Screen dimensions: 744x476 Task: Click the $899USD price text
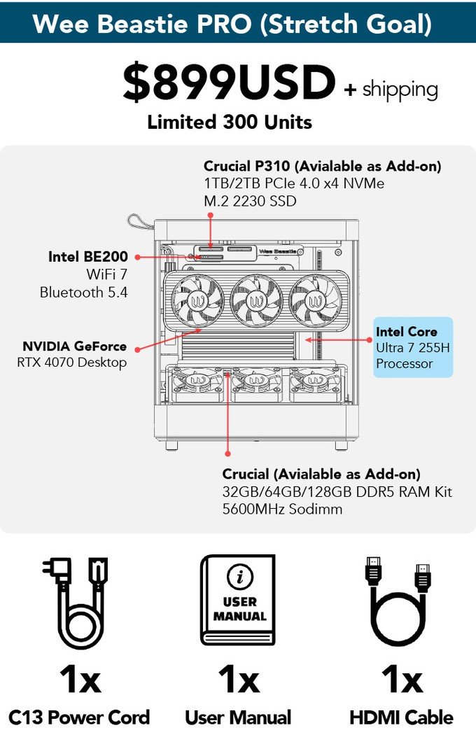[x=229, y=84]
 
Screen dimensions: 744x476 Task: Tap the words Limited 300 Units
[x=229, y=122]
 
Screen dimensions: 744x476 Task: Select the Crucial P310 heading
[x=322, y=167]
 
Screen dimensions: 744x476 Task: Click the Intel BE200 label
[x=88, y=257]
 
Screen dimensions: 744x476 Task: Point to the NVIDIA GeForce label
[x=75, y=346]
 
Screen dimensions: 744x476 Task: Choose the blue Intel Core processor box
[x=413, y=348]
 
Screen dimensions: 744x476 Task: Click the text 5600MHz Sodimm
[x=282, y=509]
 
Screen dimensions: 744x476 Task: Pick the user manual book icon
[x=238, y=601]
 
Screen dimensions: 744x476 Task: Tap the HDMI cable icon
[x=397, y=603]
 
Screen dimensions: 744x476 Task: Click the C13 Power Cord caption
[x=79, y=717]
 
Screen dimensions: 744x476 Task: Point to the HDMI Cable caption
[x=401, y=717]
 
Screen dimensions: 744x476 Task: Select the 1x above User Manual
[x=238, y=680]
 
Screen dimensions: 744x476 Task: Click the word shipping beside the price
[x=400, y=90]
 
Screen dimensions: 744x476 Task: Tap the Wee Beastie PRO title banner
[x=238, y=24]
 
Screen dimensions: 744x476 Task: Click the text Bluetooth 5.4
[x=84, y=293]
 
